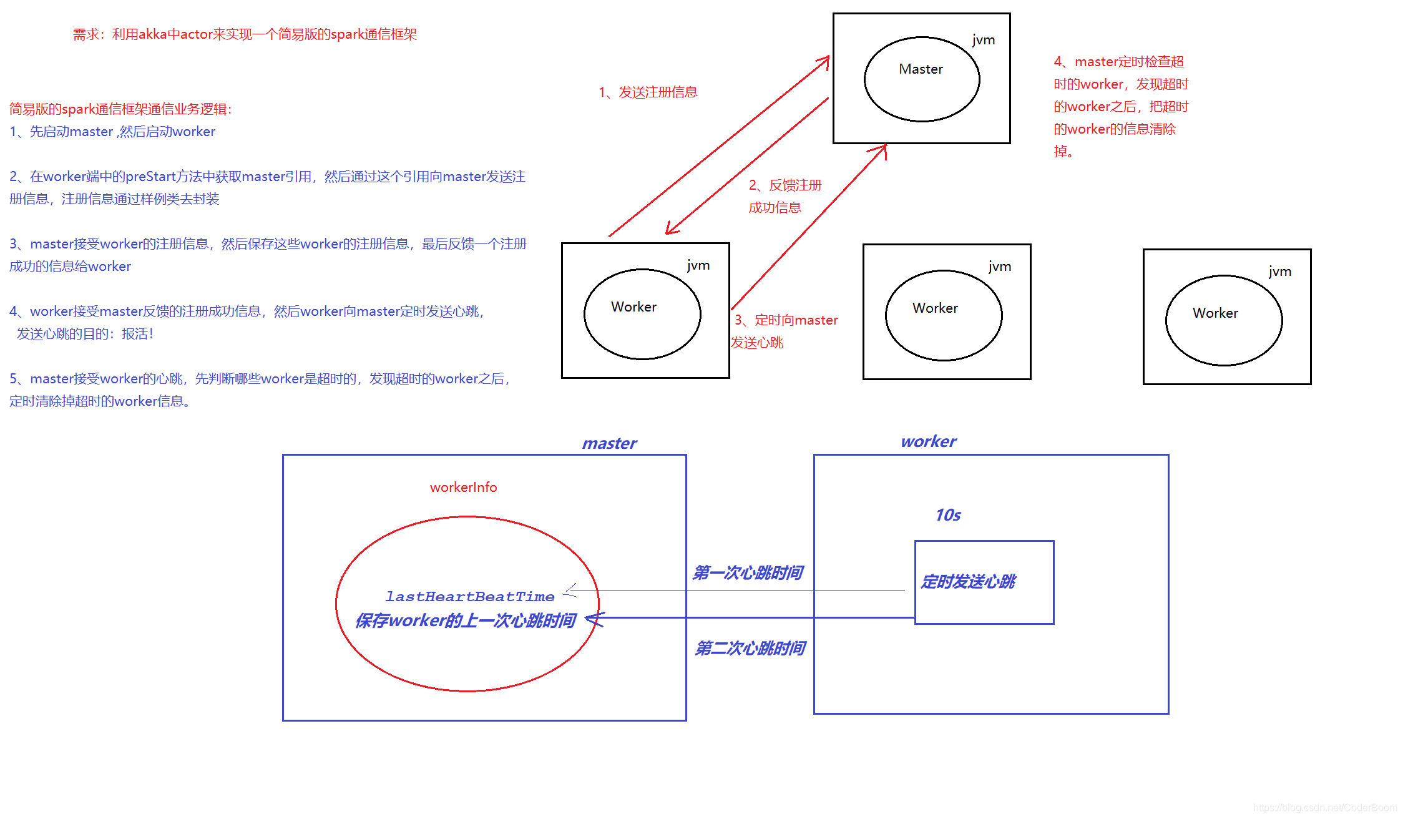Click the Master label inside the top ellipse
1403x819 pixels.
point(921,69)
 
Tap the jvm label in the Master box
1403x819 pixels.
point(983,40)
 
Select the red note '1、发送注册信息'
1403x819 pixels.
point(648,92)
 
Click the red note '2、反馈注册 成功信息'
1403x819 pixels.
point(785,196)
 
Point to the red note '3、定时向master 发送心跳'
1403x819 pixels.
point(785,331)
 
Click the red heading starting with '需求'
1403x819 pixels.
point(245,34)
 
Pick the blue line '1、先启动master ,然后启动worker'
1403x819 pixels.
point(112,132)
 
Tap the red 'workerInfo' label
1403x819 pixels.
point(463,488)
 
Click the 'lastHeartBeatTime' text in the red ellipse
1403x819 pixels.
point(469,597)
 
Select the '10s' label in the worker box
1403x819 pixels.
point(947,515)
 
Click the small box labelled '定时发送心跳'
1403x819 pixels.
point(984,582)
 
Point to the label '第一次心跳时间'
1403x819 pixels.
point(747,572)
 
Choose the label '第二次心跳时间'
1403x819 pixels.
point(750,648)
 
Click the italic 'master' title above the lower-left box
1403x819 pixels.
point(609,443)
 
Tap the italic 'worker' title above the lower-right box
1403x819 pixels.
point(928,441)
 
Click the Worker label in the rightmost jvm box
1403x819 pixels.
point(1215,313)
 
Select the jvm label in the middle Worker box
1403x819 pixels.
point(999,267)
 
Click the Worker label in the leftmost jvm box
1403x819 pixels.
point(633,307)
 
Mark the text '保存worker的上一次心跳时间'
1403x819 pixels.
point(465,620)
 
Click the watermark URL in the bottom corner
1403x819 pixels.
point(1324,808)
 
